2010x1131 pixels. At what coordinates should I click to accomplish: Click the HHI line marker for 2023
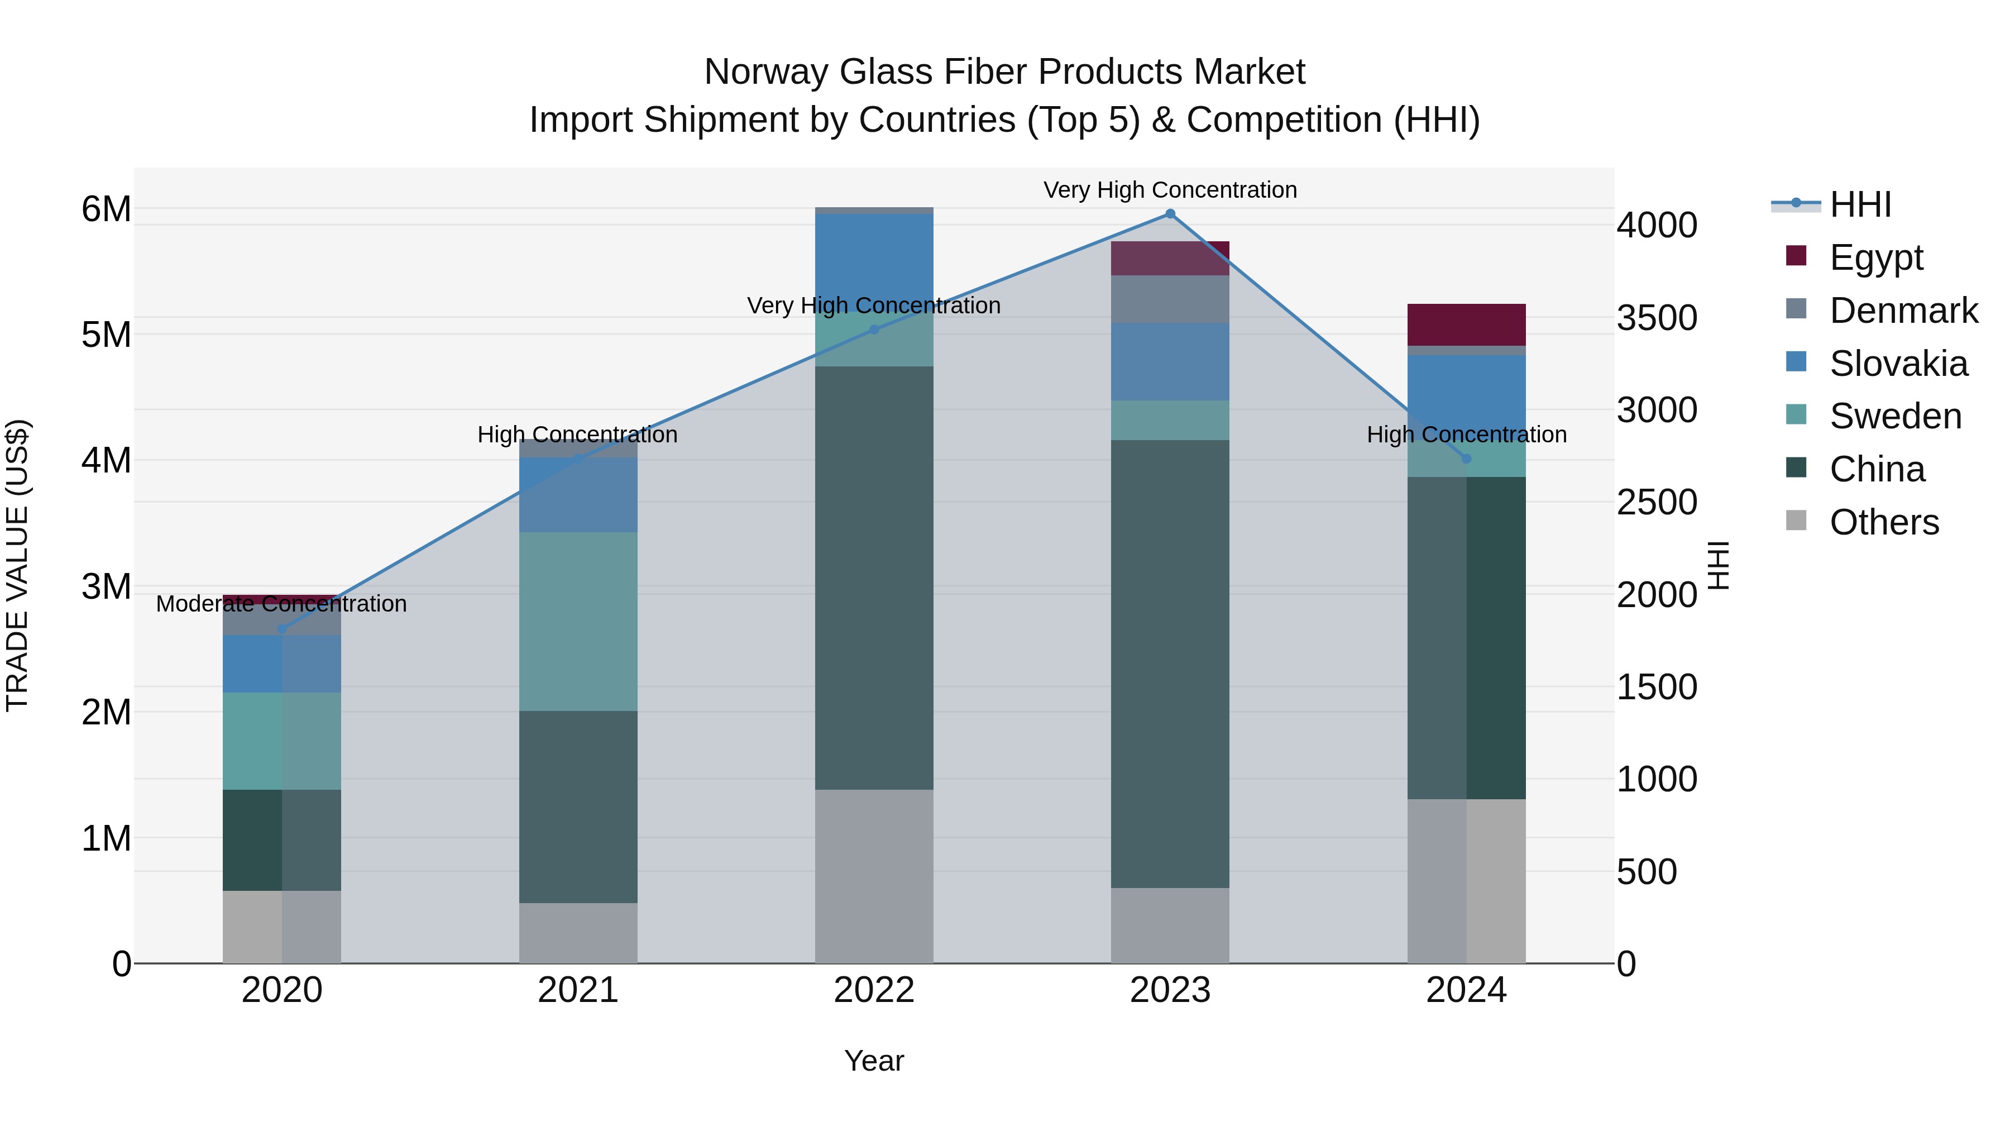pyautogui.click(x=1170, y=214)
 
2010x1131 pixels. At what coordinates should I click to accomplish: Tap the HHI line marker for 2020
pyautogui.click(x=282, y=628)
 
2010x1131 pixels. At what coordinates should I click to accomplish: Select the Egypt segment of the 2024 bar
pyautogui.click(x=1466, y=324)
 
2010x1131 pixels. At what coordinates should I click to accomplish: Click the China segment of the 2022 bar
pyautogui.click(x=874, y=578)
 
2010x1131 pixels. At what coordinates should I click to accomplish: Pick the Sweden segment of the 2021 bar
pyautogui.click(x=578, y=621)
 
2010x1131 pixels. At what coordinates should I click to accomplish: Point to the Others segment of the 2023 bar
pyautogui.click(x=1170, y=925)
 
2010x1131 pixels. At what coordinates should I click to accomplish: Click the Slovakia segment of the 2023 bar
pyautogui.click(x=1170, y=361)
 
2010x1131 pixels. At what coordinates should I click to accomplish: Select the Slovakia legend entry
pyautogui.click(x=1898, y=364)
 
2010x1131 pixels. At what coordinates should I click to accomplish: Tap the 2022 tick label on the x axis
pyautogui.click(x=874, y=990)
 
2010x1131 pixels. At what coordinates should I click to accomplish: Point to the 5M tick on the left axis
pyautogui.click(x=106, y=335)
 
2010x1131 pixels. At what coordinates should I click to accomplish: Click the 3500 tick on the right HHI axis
pyautogui.click(x=1657, y=318)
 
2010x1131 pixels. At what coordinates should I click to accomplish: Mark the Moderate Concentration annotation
pyautogui.click(x=282, y=603)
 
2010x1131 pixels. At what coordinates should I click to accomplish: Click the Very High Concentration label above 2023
pyautogui.click(x=1170, y=190)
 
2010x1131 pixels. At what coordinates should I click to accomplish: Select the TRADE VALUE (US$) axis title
pyautogui.click(x=18, y=565)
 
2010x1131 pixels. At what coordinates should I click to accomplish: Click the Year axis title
pyautogui.click(x=874, y=1061)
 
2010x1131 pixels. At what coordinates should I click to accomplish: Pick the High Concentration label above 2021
pyautogui.click(x=577, y=434)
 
